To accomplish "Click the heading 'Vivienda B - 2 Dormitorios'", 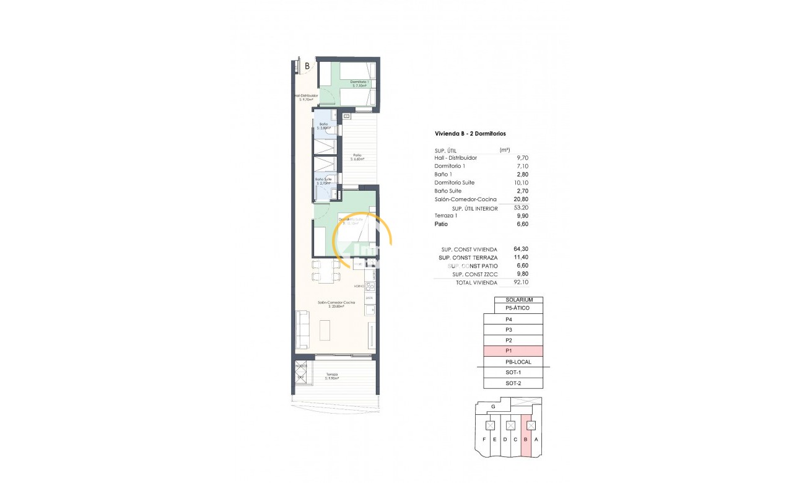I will (471, 134).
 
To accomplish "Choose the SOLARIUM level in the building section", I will (518, 300).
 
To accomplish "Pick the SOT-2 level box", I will (513, 383).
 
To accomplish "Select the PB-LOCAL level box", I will (518, 362).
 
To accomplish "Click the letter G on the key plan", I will (492, 407).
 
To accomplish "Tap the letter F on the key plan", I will (484, 440).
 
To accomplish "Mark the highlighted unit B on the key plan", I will (526, 440).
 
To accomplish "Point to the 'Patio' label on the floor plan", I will (357, 156).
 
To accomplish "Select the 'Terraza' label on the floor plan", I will (332, 375).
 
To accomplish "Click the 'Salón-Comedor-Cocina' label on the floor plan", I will (331, 302).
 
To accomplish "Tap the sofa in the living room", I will (303, 329).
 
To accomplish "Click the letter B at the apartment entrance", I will (307, 65).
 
